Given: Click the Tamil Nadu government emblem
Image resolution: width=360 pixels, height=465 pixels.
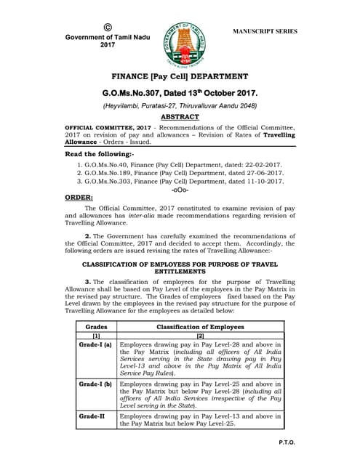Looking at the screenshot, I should [179, 37].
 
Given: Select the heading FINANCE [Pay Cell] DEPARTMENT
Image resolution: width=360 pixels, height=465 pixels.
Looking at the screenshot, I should [180, 76].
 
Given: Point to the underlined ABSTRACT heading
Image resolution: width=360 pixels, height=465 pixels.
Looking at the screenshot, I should [179, 116].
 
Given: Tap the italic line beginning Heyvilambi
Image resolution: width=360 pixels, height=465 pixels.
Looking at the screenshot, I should [179, 105].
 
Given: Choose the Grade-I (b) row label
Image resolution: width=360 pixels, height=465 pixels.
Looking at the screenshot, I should [97, 383].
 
